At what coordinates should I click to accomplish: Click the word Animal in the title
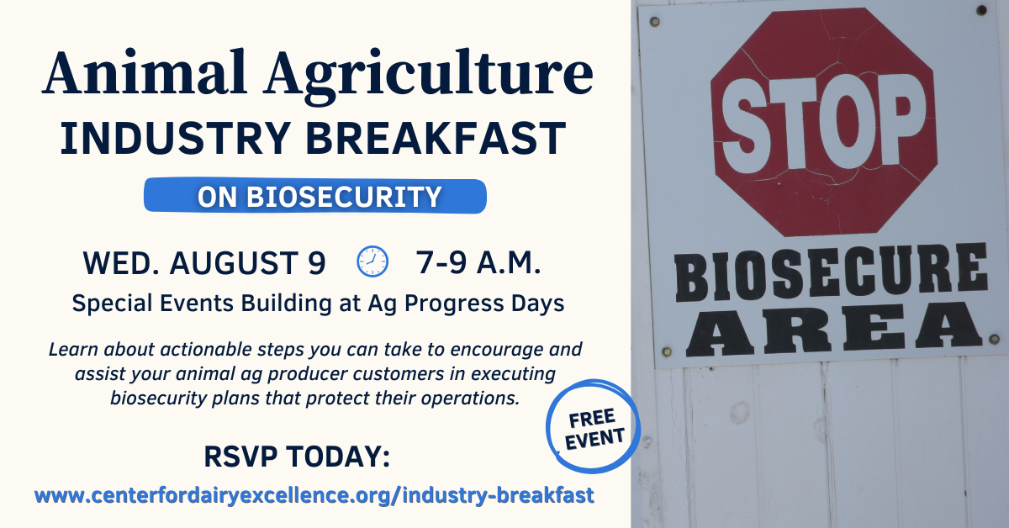(144, 72)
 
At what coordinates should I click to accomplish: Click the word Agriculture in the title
(428, 77)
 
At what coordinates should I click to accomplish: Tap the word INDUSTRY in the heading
(175, 139)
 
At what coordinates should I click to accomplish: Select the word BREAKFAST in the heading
(436, 139)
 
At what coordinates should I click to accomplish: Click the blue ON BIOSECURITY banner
(314, 196)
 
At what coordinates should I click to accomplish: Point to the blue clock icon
(372, 261)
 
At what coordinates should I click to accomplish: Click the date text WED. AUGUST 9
(204, 262)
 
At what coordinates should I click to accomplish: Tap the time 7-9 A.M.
(478, 262)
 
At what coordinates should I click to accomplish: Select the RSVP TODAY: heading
(297, 457)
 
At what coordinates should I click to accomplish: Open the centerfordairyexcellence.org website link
(314, 495)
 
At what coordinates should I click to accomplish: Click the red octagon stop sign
(823, 122)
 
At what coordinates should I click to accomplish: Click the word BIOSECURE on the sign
(830, 272)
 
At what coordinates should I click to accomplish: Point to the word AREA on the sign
(833, 329)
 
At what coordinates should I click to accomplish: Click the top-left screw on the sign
(654, 21)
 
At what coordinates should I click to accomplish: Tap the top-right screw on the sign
(982, 11)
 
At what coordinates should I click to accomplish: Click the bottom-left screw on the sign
(666, 351)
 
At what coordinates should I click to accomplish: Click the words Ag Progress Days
(466, 304)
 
